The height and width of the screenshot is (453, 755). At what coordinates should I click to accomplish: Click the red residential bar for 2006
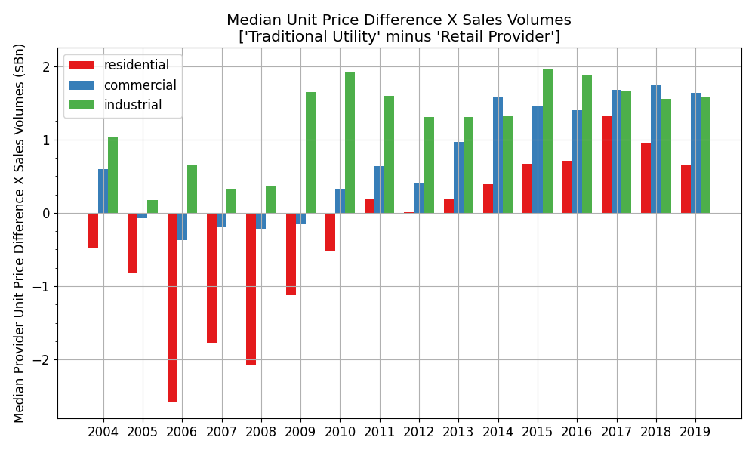pyautogui.click(x=172, y=307)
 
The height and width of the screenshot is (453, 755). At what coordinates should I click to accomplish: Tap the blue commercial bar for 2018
pyautogui.click(x=655, y=149)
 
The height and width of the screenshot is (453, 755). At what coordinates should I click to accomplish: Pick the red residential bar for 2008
pyautogui.click(x=251, y=288)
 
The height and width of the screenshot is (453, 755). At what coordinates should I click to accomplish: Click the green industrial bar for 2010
pyautogui.click(x=350, y=143)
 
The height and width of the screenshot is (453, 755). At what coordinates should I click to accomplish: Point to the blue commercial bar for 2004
pyautogui.click(x=103, y=191)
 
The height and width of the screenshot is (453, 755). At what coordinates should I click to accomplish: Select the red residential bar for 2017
pyautogui.click(x=606, y=165)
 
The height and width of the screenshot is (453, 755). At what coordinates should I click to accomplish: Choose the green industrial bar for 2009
pyautogui.click(x=310, y=153)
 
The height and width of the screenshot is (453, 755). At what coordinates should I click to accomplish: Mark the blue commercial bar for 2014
pyautogui.click(x=498, y=155)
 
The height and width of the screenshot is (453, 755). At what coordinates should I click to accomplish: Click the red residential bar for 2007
pyautogui.click(x=211, y=278)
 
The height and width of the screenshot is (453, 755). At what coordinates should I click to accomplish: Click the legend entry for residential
pyautogui.click(x=136, y=66)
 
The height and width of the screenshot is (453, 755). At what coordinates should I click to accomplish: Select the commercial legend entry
pyautogui.click(x=140, y=85)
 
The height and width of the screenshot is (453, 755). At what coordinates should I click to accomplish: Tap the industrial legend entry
pyautogui.click(x=133, y=105)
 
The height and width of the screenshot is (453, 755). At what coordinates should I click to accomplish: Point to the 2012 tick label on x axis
pyautogui.click(x=419, y=432)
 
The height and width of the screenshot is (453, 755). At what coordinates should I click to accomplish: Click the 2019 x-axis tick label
pyautogui.click(x=695, y=432)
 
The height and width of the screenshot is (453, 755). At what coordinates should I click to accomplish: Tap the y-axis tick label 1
pyautogui.click(x=46, y=140)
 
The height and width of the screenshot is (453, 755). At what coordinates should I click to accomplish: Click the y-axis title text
pyautogui.click(x=20, y=233)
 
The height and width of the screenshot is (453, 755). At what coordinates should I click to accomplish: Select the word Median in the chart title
pyautogui.click(x=251, y=20)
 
